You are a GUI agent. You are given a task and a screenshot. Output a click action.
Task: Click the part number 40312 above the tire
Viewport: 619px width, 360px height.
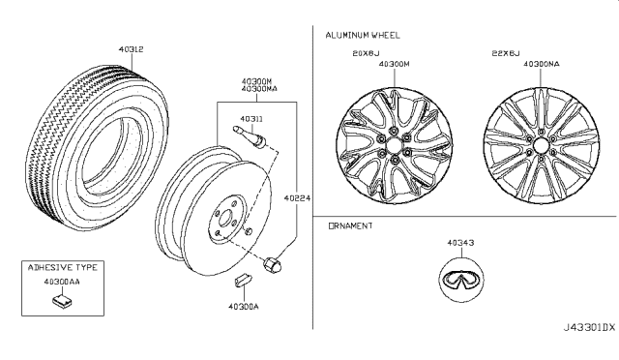tap(132, 49)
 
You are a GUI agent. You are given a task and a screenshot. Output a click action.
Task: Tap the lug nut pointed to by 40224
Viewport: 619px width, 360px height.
tap(273, 264)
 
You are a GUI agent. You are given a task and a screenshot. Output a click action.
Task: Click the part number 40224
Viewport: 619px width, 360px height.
tap(297, 198)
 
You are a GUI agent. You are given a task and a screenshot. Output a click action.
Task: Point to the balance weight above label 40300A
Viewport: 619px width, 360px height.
tap(243, 279)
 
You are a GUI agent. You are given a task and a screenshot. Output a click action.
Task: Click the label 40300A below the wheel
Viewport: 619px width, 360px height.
tap(244, 307)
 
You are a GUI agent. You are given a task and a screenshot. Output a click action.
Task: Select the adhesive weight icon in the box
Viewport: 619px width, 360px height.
tap(62, 301)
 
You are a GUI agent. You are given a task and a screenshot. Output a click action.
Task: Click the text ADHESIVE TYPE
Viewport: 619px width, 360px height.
tap(62, 267)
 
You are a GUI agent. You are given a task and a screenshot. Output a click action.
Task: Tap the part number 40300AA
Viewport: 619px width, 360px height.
tap(62, 282)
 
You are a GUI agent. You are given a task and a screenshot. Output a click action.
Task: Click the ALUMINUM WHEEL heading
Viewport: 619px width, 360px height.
tap(363, 35)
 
